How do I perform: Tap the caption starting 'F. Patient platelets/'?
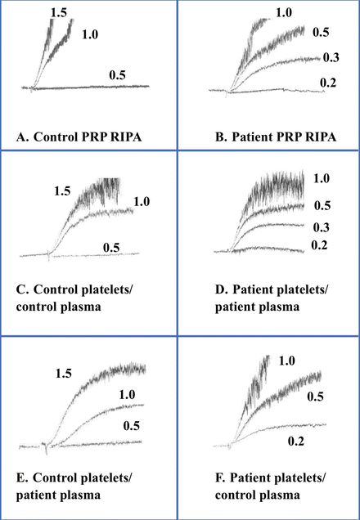point(253,486)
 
